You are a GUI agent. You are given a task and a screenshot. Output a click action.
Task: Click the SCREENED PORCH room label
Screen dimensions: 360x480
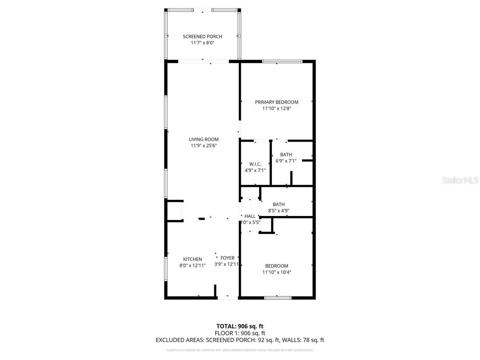[202, 36]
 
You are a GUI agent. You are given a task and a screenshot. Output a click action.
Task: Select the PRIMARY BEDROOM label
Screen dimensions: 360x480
[276, 102]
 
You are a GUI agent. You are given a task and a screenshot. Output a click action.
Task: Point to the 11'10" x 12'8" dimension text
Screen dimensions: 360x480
[276, 108]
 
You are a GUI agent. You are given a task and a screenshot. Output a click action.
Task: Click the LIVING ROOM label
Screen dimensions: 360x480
[204, 139]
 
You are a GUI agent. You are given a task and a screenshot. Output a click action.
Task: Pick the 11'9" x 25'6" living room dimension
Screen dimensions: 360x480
[204, 146]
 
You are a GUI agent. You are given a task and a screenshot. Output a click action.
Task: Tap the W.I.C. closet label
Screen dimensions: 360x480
[255, 164]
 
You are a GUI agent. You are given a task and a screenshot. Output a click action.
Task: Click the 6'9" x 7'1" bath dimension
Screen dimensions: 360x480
[286, 161]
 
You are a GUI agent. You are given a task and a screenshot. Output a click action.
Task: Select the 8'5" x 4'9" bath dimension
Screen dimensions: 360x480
[278, 210]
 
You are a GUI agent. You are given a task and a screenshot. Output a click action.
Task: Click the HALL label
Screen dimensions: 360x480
[250, 216]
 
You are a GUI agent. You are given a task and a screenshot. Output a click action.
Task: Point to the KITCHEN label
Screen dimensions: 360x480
[192, 259]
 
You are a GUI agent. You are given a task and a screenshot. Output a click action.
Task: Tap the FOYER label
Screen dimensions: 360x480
[228, 258]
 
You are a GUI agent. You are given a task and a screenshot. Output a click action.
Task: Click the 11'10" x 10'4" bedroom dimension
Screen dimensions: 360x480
[276, 272]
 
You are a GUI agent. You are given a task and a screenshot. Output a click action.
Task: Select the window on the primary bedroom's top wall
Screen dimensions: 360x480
[282, 61]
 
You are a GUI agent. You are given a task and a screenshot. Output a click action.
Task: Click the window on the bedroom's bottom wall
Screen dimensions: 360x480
[278, 298]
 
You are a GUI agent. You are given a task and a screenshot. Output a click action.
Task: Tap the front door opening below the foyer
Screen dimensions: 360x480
[228, 298]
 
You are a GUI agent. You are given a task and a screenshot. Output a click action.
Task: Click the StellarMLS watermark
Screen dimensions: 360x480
[460, 181]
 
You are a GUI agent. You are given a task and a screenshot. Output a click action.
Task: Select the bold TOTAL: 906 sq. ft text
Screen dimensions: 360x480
[240, 326]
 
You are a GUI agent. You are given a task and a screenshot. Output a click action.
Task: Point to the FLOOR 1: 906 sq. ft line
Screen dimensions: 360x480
[240, 333]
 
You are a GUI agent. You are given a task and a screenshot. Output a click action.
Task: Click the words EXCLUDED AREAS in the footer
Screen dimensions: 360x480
[180, 340]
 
